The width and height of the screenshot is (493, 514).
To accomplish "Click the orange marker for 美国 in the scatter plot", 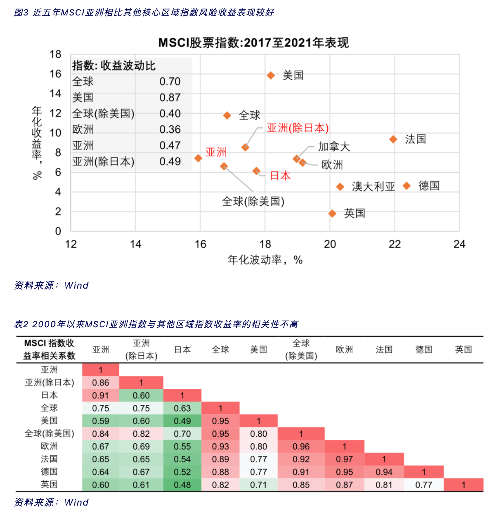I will [271, 75].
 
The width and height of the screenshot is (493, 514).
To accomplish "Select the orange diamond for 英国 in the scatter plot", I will [332, 213].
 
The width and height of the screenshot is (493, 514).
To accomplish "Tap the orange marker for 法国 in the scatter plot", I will [393, 139].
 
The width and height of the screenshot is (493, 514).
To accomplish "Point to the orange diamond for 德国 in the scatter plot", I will [407, 186].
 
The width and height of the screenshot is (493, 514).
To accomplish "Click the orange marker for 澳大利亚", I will [340, 187].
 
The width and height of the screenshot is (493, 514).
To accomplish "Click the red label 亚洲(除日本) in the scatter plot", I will [297, 128].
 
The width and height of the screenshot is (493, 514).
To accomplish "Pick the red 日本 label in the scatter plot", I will [280, 176].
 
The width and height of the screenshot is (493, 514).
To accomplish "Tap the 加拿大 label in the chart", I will [334, 147].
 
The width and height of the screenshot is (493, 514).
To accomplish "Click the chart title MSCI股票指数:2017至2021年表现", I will [253, 43].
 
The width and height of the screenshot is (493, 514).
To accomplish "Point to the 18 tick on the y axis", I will [55, 54].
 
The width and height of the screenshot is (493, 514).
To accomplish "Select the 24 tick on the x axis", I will [459, 244].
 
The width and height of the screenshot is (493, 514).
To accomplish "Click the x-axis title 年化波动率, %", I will [265, 260].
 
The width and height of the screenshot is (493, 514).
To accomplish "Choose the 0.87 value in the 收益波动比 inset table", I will [170, 98].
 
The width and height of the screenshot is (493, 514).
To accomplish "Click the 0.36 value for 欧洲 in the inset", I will [170, 130].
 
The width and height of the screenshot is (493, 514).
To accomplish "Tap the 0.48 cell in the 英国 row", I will [182, 485].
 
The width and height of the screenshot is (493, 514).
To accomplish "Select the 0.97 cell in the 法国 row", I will [344, 459].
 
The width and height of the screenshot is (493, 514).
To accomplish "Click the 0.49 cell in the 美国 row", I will [182, 421].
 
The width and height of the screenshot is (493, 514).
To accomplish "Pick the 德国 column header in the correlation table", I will [424, 349].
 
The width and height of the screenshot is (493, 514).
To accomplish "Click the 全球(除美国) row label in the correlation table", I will [49, 434].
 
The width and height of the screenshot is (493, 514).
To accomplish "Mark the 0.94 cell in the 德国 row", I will [384, 472].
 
